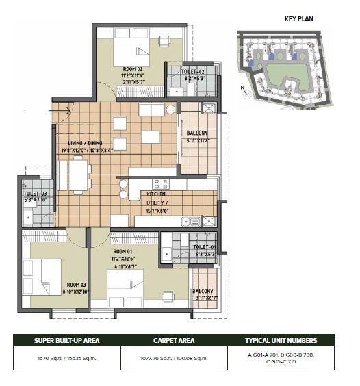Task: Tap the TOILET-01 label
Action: [204, 247]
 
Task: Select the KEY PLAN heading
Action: [298, 18]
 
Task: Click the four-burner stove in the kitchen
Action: [162, 183]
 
